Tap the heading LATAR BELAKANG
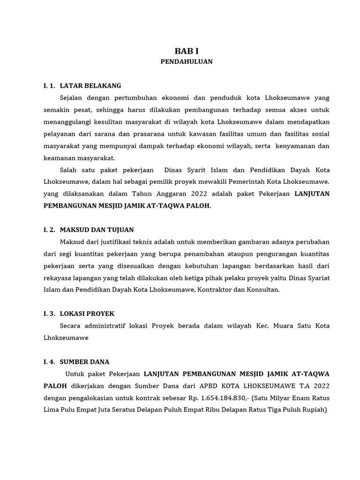[90, 86]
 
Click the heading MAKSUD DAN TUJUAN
[97, 230]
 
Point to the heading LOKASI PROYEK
[87, 314]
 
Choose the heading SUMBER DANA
[84, 362]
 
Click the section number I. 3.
[49, 314]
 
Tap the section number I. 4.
[49, 362]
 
